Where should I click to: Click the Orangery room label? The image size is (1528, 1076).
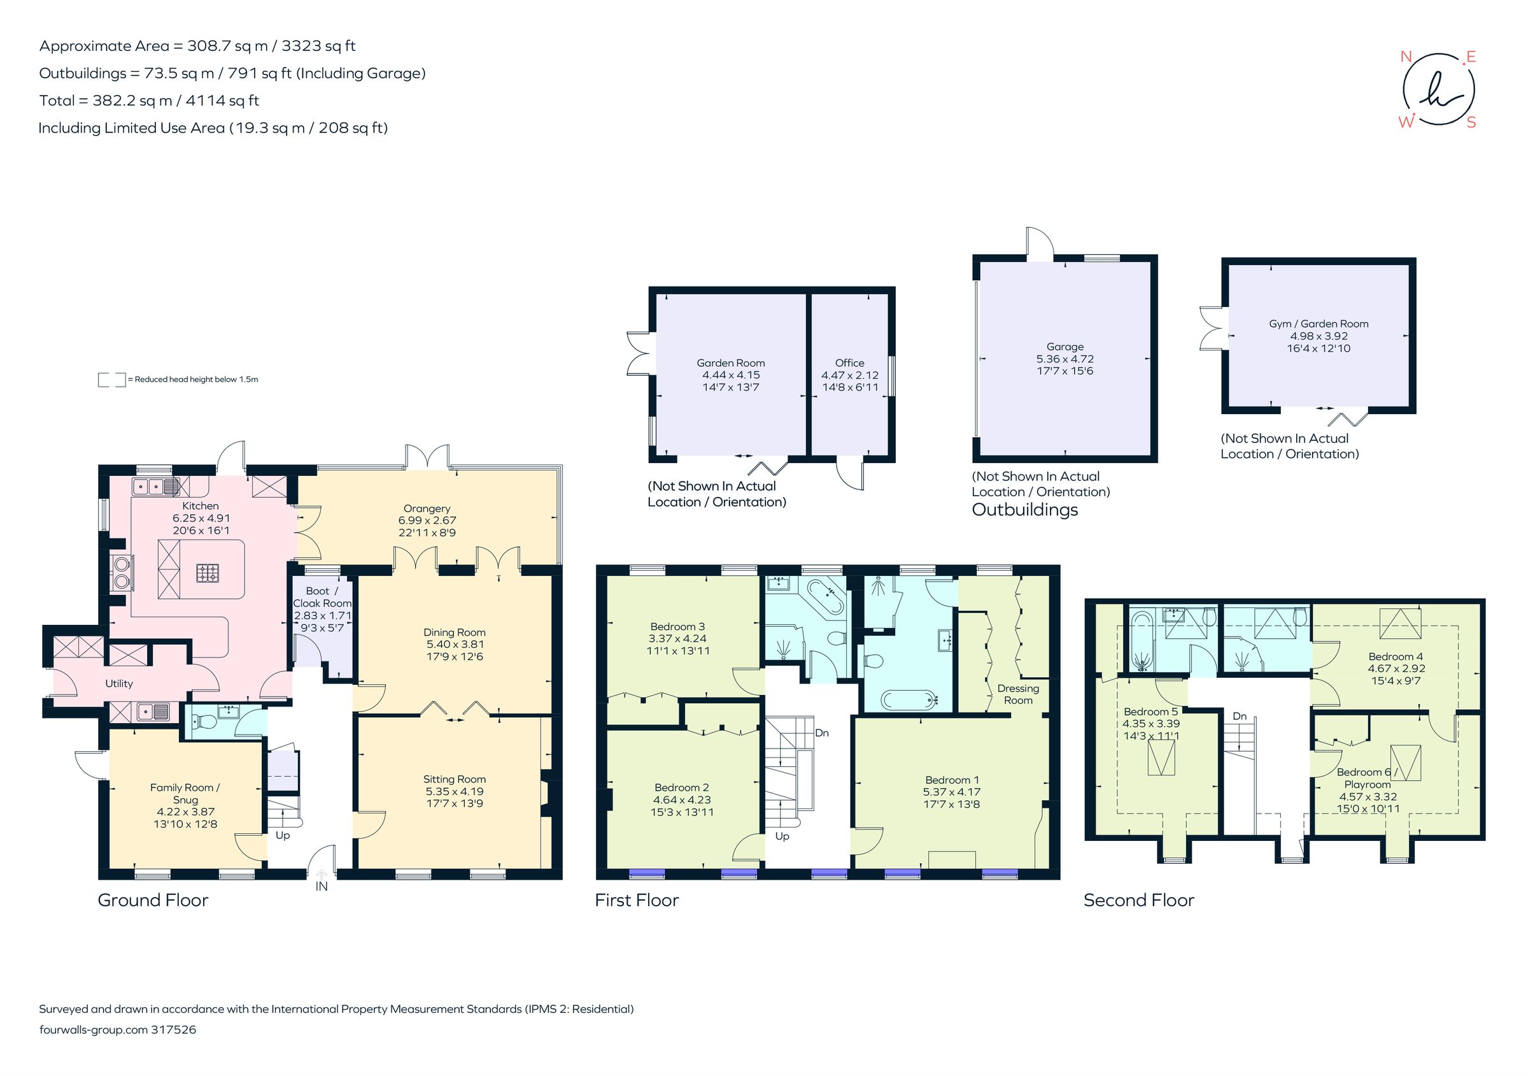427,508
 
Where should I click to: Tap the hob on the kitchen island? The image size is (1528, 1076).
208,572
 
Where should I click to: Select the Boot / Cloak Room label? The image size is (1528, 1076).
322,596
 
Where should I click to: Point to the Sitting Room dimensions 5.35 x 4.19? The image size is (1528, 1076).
455,791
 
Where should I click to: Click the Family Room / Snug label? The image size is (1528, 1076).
185,793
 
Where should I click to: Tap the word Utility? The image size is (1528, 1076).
119,683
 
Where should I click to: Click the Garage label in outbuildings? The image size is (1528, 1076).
1065,346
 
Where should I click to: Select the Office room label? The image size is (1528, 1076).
850,362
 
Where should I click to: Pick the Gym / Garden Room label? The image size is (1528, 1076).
1319,324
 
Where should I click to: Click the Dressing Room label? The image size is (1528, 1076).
1018,694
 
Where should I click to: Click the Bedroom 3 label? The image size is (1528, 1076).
677,626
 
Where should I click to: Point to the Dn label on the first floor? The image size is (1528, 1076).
822,733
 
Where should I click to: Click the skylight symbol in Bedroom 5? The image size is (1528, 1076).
1161,758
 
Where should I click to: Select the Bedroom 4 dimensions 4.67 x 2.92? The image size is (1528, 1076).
1396,668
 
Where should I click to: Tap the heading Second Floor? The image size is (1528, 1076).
1139,900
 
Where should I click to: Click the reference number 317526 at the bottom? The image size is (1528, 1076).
174,1029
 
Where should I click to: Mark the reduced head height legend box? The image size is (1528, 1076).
112,380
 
